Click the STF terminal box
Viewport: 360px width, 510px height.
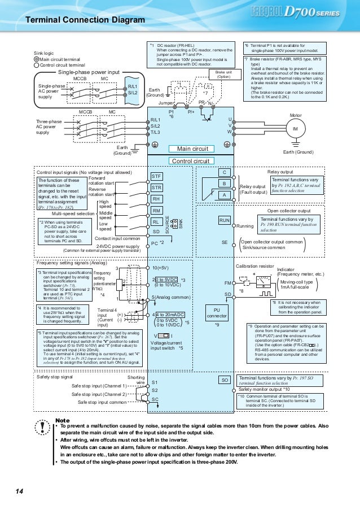coord(157,176)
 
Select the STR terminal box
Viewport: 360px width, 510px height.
coord(157,188)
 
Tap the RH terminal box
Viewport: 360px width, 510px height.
coord(157,199)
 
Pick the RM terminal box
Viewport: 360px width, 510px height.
coord(157,211)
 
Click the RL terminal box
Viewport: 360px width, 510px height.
coord(157,222)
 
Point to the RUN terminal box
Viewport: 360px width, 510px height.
coord(225,220)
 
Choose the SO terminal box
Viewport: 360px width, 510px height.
coord(225,380)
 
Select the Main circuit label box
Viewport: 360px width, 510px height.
coord(192,149)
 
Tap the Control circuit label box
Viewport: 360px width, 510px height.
coord(190,161)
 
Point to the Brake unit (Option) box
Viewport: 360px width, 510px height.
coord(223,74)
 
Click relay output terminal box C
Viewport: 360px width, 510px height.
coord(225,172)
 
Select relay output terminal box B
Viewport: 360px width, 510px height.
coord(225,184)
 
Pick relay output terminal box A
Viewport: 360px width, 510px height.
coord(225,195)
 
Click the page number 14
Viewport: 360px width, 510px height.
coord(19,492)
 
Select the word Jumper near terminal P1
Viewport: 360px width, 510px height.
coord(167,103)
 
